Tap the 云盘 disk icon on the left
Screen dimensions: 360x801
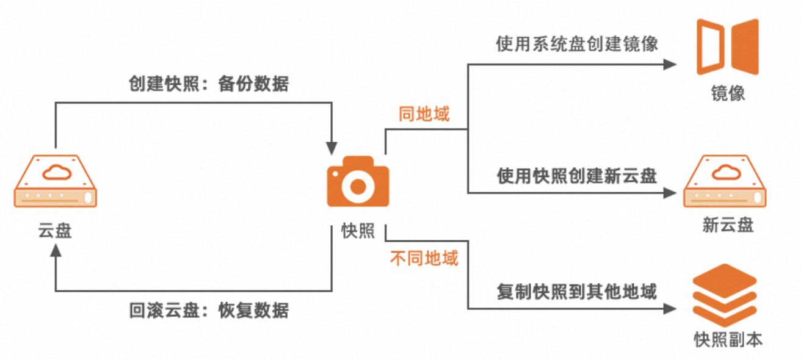(x=56, y=181)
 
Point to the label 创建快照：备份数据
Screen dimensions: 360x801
(x=209, y=84)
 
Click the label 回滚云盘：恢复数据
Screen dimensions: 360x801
(x=209, y=310)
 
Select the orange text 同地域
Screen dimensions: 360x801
(x=424, y=114)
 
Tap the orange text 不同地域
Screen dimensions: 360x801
(x=424, y=258)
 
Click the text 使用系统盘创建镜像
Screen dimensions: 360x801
(x=577, y=44)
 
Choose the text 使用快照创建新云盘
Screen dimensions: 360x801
(x=577, y=176)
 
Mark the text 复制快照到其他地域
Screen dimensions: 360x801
(x=577, y=292)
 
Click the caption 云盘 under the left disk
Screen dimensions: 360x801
(x=55, y=231)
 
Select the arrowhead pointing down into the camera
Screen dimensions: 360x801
(x=332, y=148)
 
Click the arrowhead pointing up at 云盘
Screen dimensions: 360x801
(x=56, y=251)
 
